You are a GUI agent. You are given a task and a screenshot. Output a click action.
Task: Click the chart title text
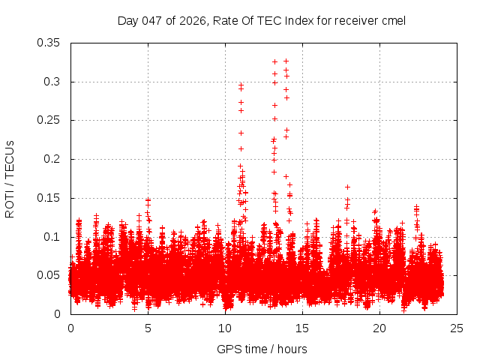(261, 20)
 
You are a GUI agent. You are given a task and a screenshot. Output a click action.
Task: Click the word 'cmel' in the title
(392, 20)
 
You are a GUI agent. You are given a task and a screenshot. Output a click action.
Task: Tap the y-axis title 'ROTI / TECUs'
(10, 178)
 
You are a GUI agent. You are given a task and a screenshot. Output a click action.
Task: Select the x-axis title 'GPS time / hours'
(261, 349)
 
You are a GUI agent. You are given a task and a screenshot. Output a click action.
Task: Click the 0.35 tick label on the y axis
(49, 43)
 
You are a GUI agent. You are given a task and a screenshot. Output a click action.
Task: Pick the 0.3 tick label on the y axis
(52, 82)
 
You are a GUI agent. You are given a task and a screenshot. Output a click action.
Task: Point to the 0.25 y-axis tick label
(49, 120)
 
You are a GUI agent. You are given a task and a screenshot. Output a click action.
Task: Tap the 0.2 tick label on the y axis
(52, 159)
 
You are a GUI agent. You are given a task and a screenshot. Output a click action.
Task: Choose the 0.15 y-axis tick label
(49, 198)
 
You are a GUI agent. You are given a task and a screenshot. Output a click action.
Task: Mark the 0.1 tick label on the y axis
(52, 236)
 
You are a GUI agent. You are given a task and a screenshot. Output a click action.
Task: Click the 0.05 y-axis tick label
(49, 275)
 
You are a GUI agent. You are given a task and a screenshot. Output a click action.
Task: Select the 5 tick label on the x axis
(148, 328)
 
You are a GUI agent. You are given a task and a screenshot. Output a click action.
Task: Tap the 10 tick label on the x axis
(225, 328)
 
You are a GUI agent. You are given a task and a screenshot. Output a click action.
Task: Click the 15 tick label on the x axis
(302, 328)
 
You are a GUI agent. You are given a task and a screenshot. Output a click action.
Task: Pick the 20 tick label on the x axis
(379, 328)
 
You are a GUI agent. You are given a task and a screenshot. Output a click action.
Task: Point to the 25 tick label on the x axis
(457, 328)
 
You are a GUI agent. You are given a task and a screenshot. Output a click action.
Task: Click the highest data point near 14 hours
(286, 61)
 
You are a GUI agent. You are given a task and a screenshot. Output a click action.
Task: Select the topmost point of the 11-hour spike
(241, 85)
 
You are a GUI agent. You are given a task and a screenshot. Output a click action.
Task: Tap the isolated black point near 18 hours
(347, 187)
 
